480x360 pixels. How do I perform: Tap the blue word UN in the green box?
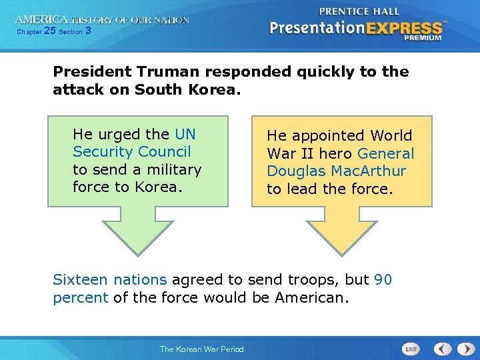[x=185, y=135]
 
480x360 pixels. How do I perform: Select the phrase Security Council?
[x=131, y=152]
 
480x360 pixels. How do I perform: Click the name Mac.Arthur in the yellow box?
[x=370, y=171]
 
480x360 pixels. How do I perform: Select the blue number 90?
[x=383, y=280]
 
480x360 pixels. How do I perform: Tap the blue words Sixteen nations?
[x=109, y=280]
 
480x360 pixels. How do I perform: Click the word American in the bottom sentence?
[x=313, y=297]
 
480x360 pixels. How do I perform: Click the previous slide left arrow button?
[x=443, y=349]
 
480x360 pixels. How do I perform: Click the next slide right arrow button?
[x=462, y=349]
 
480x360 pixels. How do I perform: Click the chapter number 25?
[x=49, y=31]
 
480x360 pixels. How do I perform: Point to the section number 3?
[x=88, y=31]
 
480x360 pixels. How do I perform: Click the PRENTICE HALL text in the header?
[x=359, y=11]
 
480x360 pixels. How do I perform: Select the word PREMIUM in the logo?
[x=423, y=38]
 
